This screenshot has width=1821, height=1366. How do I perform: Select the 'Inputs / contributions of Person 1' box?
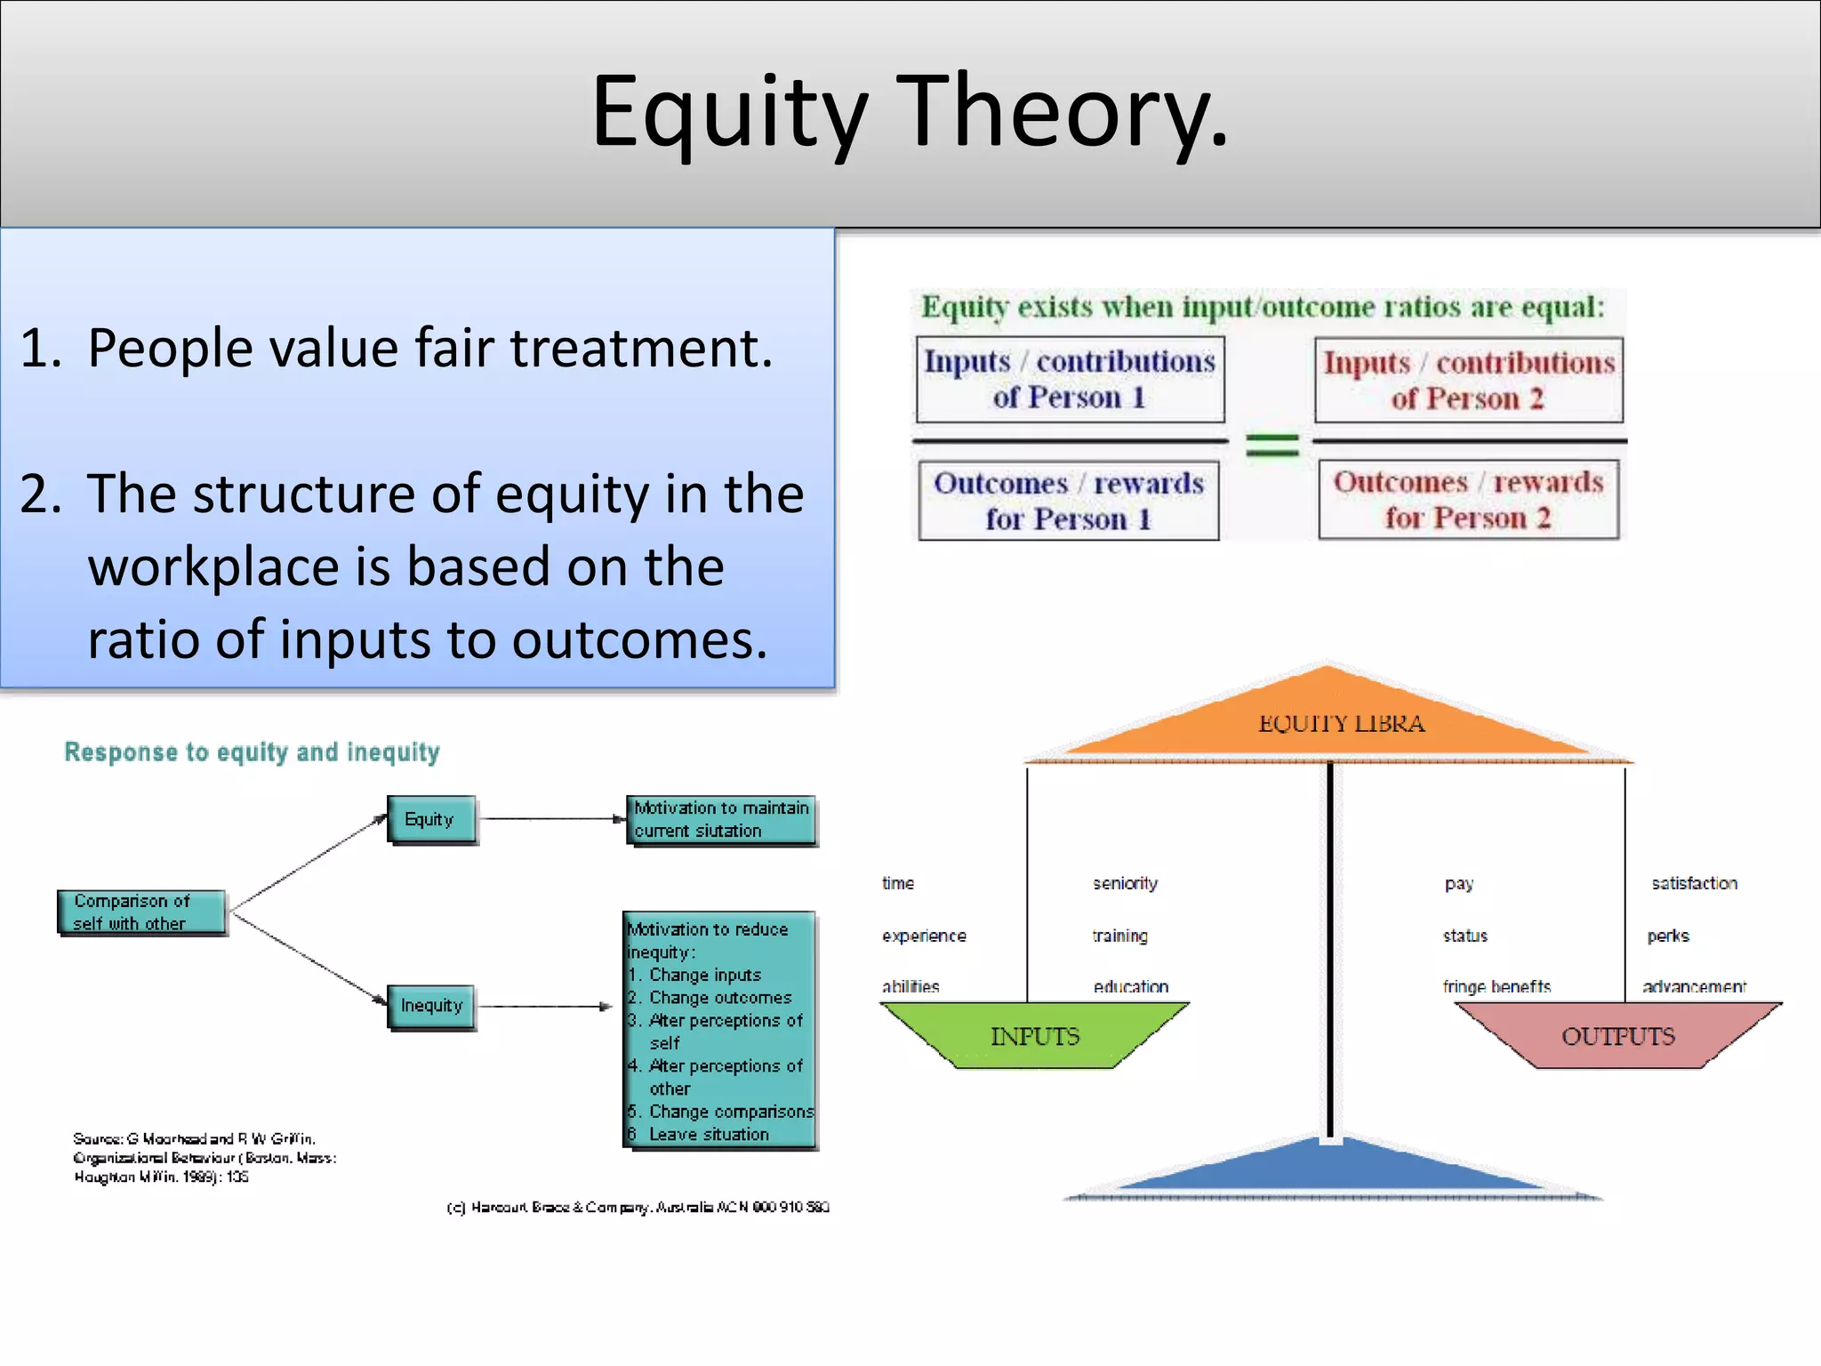(1070, 380)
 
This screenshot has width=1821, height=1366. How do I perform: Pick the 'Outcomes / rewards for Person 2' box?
(1468, 500)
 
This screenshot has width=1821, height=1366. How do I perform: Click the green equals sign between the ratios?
(1271, 444)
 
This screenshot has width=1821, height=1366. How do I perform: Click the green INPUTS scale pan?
(1034, 1035)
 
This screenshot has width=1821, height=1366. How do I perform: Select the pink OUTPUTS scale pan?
(1617, 1035)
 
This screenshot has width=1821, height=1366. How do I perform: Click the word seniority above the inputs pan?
(1125, 883)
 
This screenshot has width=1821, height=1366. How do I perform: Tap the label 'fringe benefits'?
(1496, 986)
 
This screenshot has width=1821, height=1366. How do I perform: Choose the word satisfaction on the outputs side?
(1694, 883)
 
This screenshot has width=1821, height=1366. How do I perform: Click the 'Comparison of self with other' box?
(140, 912)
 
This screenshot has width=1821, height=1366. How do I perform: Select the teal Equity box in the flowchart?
(430, 819)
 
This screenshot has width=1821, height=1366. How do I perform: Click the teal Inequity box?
(431, 1006)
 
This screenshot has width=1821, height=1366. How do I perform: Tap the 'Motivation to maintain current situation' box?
(721, 819)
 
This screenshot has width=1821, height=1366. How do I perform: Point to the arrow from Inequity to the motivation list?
(545, 1007)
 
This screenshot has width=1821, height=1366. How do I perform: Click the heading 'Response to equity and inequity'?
(252, 752)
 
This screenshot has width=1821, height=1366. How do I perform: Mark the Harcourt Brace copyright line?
(638, 1207)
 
